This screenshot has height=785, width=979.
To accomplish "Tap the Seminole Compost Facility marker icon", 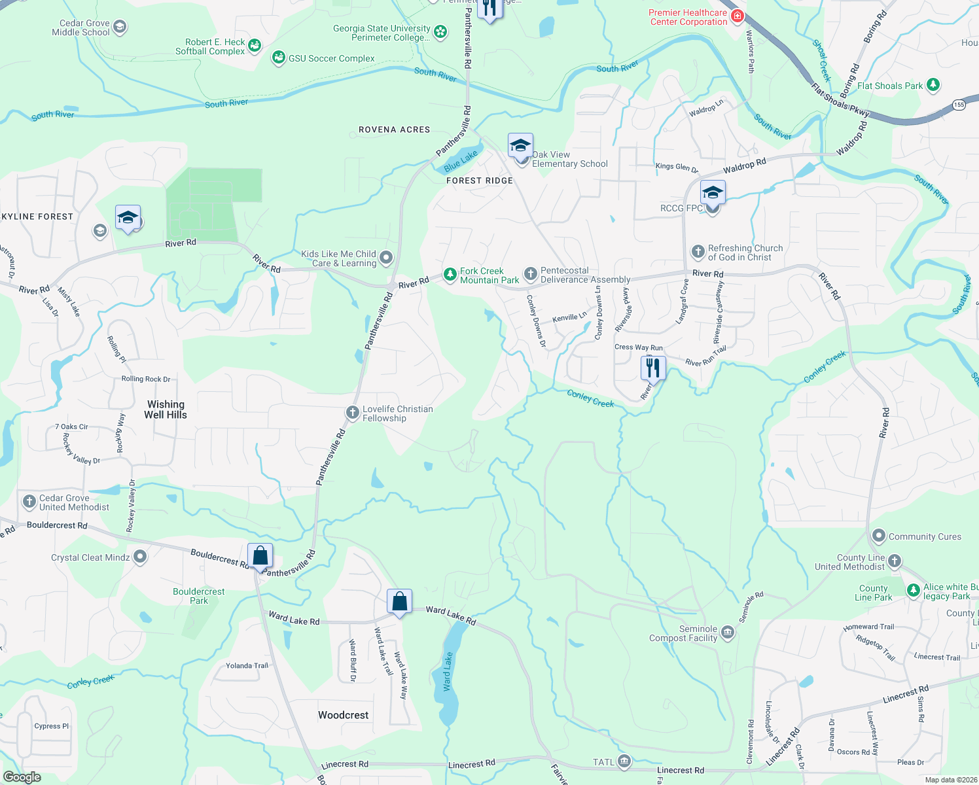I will pos(727,633).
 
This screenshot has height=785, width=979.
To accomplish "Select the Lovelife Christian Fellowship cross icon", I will pos(352,413).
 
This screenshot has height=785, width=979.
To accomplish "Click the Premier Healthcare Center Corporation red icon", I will pos(737,16).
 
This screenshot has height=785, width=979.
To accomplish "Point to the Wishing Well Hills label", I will pos(166,410).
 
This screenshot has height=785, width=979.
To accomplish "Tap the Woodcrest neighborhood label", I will pos(343,715).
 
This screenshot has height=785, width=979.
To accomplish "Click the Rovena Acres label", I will pos(394,130).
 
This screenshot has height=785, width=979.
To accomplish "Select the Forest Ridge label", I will pos(480,181).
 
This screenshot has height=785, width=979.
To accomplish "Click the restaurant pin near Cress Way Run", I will pos(652,368).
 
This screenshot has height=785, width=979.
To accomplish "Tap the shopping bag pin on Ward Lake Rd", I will pos(399,601).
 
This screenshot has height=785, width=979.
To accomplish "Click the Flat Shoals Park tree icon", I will pos(933,85).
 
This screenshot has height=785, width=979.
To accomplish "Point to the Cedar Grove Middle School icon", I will pos(119,27).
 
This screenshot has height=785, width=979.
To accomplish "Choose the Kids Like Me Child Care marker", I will pos(386,258).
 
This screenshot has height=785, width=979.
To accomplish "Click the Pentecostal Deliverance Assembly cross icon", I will pos(530,274).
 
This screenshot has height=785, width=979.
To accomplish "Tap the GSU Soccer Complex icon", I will pos(279,58).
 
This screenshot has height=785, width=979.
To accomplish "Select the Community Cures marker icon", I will pos(878,536).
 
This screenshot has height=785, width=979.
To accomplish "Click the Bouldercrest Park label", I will pos(198,596).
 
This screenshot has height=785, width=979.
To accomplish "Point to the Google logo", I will pos(22,777).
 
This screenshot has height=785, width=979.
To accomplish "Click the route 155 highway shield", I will pos(959,105).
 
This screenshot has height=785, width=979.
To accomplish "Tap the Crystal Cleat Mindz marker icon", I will pos(140,557).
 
